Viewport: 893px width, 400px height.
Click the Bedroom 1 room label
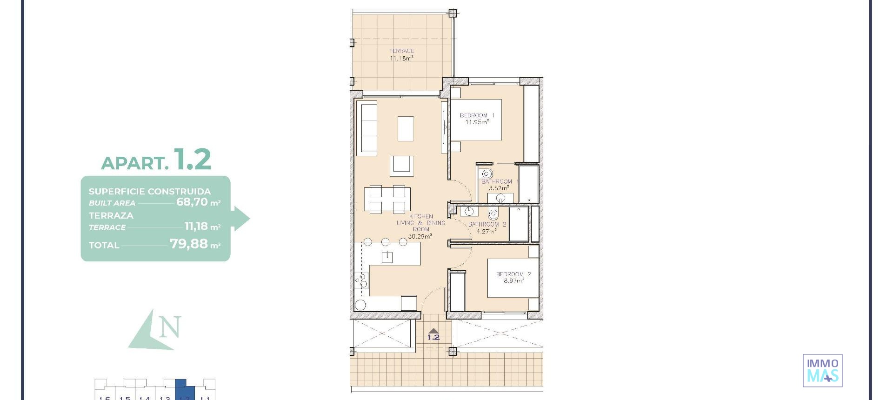(477, 115)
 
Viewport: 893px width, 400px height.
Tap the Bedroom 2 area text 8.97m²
(513, 281)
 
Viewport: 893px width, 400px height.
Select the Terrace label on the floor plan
(401, 51)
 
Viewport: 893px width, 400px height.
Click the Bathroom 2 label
(487, 224)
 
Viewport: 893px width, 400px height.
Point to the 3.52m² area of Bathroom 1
(499, 188)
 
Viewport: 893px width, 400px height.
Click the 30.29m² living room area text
(420, 236)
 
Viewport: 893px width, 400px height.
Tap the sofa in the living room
(367, 129)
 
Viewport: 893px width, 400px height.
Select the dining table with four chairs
(387, 199)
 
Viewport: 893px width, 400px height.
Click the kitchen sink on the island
(387, 257)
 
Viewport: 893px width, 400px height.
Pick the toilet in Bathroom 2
(493, 214)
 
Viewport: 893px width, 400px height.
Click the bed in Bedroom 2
(513, 278)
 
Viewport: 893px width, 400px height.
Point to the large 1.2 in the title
(192, 160)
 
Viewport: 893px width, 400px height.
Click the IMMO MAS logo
(822, 370)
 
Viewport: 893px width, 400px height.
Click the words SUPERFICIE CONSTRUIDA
(149, 191)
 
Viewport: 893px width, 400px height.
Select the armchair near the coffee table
(401, 166)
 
